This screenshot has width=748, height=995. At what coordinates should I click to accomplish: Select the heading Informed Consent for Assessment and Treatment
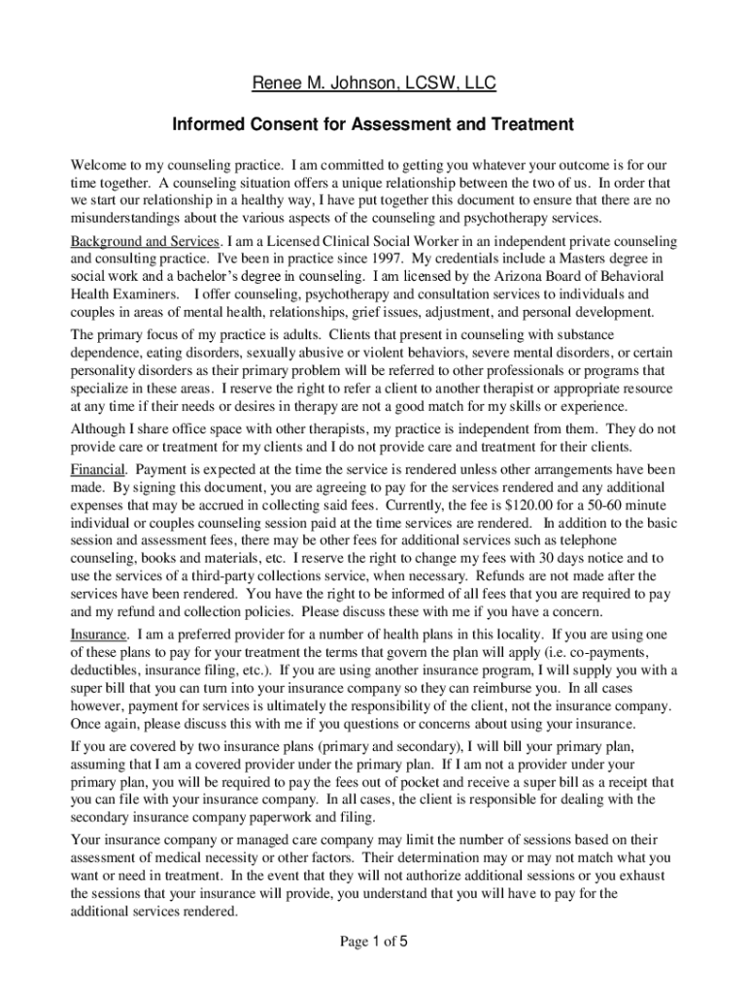(x=374, y=124)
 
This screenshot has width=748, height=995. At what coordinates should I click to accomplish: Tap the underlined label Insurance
(x=98, y=634)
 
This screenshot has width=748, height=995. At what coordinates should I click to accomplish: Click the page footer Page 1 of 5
(x=374, y=941)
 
